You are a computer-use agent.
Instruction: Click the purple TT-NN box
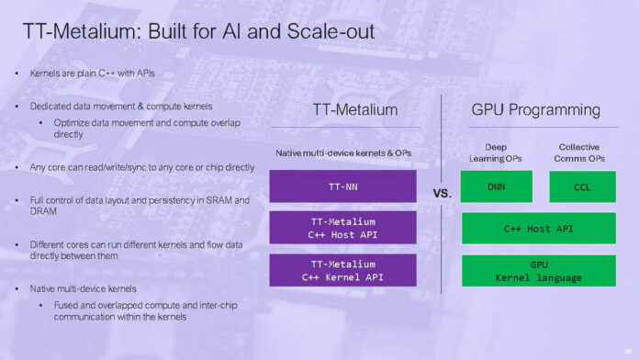coord(342,186)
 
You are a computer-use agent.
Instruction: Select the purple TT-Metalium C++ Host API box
coord(342,227)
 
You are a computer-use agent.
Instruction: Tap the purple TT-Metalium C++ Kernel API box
coord(342,270)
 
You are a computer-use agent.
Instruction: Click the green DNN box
coord(496,186)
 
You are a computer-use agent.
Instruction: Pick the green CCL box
coord(582,186)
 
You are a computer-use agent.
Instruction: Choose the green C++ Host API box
coord(538,228)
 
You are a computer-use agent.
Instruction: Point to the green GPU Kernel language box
coord(538,270)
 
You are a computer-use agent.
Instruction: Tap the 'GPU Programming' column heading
coord(535,110)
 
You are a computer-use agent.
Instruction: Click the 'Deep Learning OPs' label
coord(496,152)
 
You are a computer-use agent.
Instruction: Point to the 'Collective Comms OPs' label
coord(579,152)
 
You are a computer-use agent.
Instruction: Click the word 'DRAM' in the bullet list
coord(43,211)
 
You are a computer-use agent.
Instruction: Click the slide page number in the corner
coord(626,350)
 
